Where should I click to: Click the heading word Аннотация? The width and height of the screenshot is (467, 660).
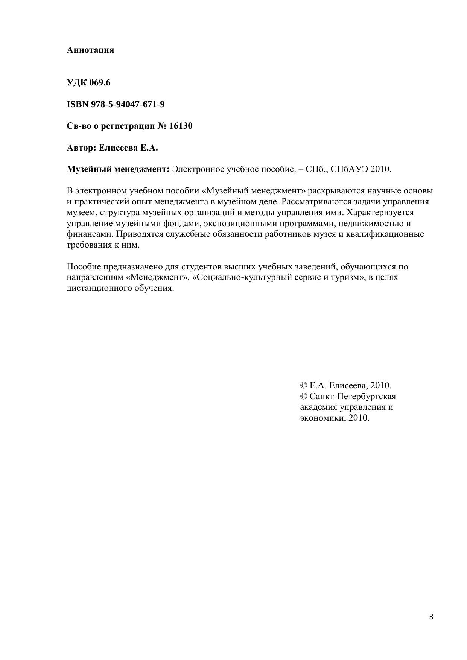(90, 50)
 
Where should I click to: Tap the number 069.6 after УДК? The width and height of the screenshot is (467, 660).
(100, 83)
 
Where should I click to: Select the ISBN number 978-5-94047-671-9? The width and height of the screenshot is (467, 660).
(128, 105)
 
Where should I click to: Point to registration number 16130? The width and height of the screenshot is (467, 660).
(181, 126)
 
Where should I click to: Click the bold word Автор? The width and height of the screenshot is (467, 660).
(82, 148)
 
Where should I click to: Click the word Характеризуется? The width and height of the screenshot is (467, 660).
(380, 213)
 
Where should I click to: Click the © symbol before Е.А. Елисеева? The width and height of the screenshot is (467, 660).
(304, 386)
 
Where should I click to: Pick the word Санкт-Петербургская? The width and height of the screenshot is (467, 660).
(353, 397)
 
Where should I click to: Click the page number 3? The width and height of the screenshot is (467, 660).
(431, 617)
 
